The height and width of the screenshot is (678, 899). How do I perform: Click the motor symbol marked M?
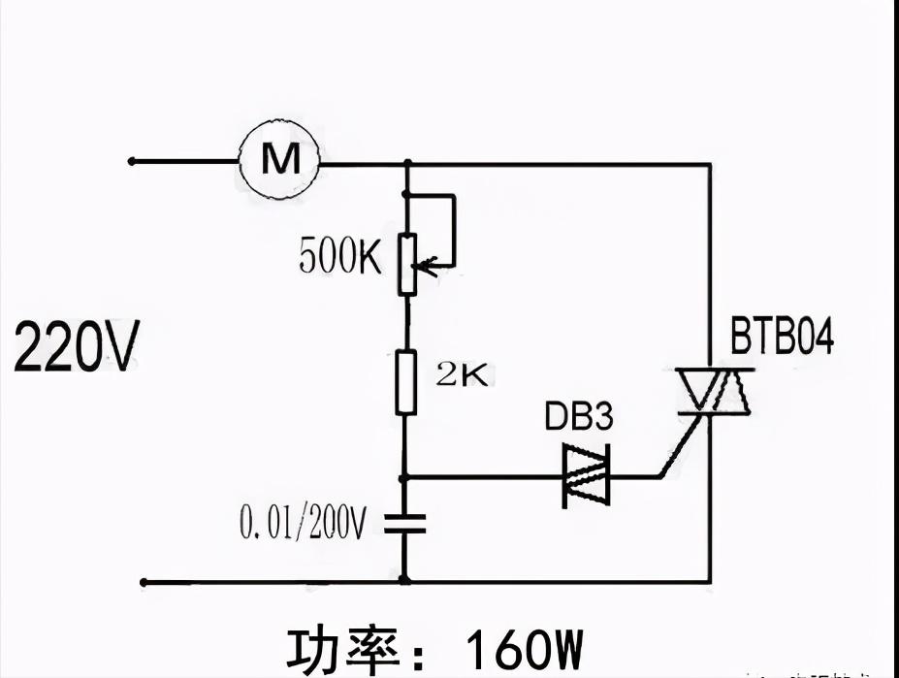pos(280,161)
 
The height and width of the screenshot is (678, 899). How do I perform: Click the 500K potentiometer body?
pos(407,263)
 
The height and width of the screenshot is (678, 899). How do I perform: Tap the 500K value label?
pos(340,256)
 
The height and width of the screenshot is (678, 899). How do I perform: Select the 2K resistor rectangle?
pos(406,382)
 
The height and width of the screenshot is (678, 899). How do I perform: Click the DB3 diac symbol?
pos(587,476)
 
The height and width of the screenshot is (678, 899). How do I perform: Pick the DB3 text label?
pos(578,418)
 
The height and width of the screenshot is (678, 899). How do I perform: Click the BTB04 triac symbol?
pos(716,391)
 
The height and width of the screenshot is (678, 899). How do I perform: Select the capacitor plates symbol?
pos(405,525)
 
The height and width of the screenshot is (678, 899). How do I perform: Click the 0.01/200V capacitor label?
pos(303,525)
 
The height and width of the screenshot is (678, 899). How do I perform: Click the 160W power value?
pos(525,649)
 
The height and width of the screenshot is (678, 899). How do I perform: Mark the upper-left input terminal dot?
pos(132,161)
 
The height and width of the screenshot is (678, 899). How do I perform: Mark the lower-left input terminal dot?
pos(144,582)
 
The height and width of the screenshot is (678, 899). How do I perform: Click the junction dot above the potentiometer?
pos(406,163)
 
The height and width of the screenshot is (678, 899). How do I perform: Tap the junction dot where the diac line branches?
pos(406,477)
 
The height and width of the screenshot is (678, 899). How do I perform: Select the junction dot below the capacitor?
pos(405,581)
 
